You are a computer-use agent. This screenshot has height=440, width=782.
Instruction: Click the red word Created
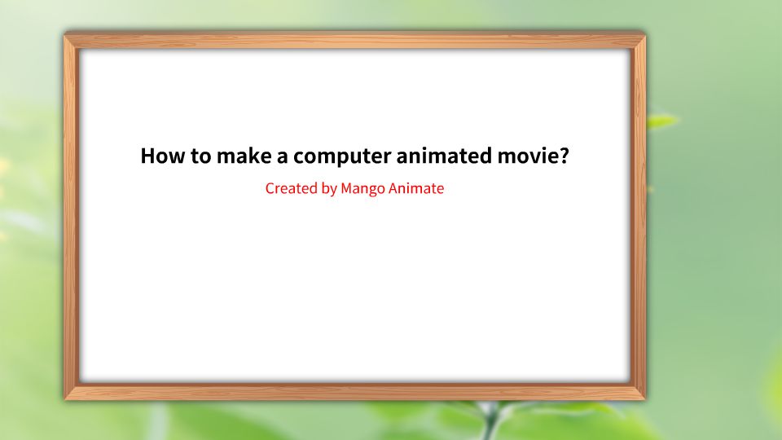(x=291, y=188)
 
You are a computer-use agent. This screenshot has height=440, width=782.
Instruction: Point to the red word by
(x=329, y=189)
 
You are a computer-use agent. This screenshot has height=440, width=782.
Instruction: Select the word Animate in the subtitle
(x=416, y=188)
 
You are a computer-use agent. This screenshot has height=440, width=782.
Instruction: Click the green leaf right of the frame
(x=661, y=121)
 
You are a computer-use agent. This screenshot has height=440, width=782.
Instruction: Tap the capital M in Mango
(x=347, y=188)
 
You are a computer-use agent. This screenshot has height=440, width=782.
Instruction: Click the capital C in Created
(x=270, y=188)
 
